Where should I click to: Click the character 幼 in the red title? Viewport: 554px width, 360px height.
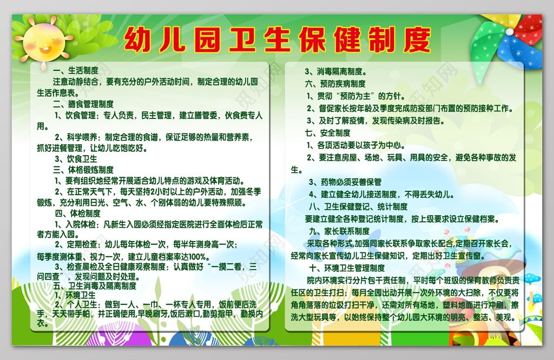pos(137,39)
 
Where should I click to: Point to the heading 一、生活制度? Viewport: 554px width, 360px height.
pos(76,70)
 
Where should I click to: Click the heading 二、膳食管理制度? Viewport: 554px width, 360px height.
pos(83,104)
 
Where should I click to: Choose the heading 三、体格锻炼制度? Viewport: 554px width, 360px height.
pos(83,169)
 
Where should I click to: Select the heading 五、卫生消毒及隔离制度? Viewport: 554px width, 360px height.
pos(95,285)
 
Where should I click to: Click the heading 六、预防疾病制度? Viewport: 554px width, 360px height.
pos(335,84)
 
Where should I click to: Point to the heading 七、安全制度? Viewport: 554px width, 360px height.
pos(327,132)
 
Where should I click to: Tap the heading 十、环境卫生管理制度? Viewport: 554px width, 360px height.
pos(347,268)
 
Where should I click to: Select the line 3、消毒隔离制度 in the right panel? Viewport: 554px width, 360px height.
pos(335,71)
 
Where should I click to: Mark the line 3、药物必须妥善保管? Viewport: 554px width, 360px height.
pos(345,182)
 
